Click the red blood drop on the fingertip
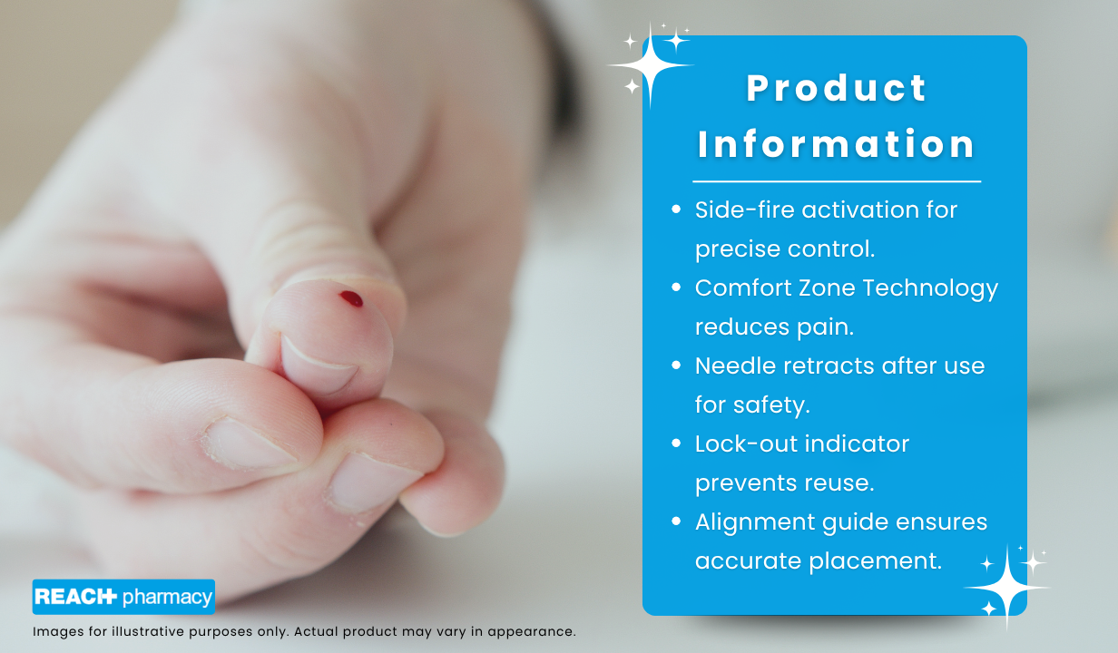coord(351,298)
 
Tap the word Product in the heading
coord(837,88)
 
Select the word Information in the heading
coord(836,144)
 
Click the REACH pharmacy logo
coord(123,597)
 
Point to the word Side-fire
coord(745,210)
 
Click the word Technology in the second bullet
coord(930,289)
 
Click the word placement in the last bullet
coord(875,561)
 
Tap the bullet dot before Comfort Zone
coord(676,288)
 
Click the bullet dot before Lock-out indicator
coord(676,443)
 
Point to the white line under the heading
coord(837,181)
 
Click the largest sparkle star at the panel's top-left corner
coord(650,65)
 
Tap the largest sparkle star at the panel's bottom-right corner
coord(1007,588)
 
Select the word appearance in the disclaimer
coord(532,632)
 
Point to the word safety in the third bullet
coord(771,405)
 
